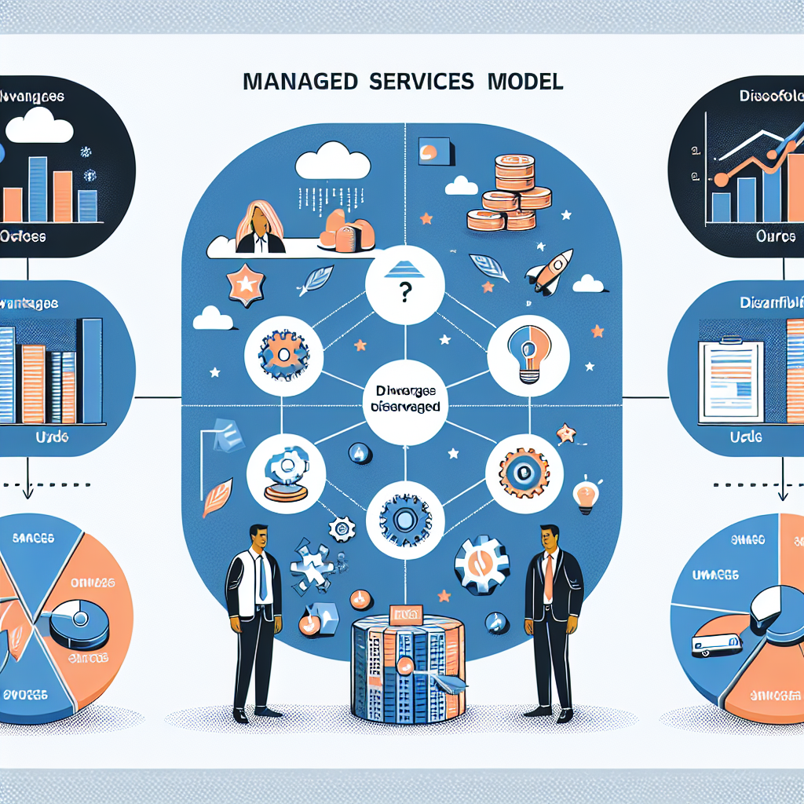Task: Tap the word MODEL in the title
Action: point(526,82)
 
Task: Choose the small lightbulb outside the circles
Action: point(584,495)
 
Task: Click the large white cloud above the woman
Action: point(333,163)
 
